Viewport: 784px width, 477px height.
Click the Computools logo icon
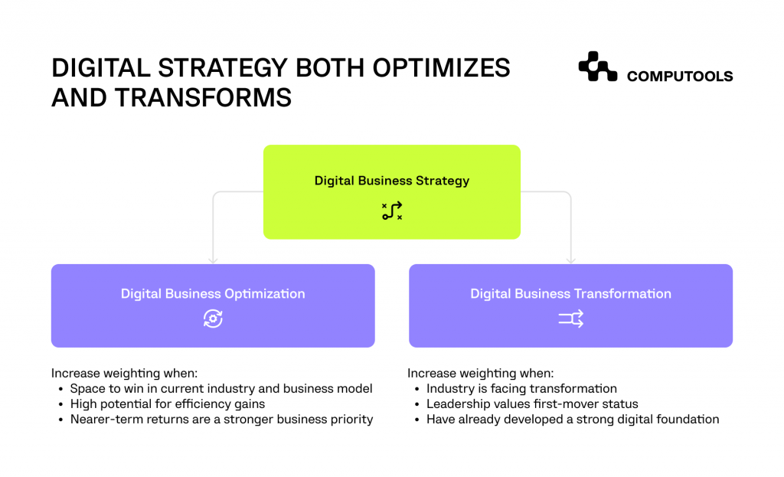597,67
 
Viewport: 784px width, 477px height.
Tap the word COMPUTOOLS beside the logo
679,76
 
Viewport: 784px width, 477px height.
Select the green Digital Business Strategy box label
391,181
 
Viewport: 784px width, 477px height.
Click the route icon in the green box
392,211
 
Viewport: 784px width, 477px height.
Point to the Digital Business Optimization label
213,294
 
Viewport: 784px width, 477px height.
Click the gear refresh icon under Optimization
213,319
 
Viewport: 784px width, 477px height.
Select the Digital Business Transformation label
570,294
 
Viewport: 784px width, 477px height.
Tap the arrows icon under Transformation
570,319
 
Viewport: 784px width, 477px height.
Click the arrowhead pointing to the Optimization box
213,260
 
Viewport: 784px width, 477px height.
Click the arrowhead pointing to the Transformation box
571,260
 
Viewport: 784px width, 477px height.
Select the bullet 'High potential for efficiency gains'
168,403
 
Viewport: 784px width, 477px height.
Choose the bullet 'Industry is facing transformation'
521,388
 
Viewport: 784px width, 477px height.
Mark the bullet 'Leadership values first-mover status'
532,403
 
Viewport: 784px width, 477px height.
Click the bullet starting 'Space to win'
220,388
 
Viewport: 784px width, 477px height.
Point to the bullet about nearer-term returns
221,419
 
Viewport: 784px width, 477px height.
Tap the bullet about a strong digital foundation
573,419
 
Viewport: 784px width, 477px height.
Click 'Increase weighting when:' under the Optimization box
124,374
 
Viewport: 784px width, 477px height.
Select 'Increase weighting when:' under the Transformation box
480,374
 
